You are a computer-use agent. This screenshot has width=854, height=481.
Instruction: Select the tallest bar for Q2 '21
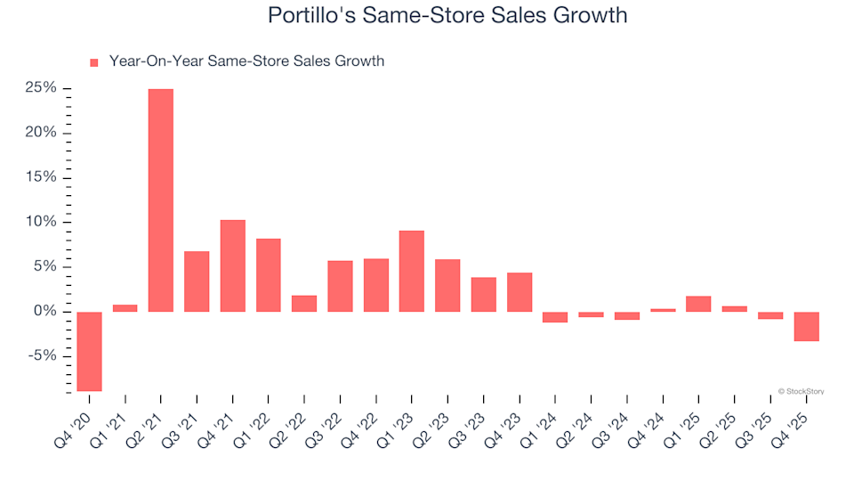pyautogui.click(x=161, y=200)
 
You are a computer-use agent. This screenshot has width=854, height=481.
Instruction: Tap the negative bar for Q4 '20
pyautogui.click(x=89, y=351)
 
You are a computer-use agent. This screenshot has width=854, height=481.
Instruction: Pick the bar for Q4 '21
pyautogui.click(x=232, y=265)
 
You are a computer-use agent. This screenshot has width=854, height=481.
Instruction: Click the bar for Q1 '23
pyautogui.click(x=412, y=271)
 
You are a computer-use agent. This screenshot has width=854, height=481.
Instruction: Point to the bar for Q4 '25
pyautogui.click(x=806, y=326)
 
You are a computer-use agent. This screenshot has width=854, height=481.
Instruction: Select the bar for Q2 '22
pyautogui.click(x=304, y=304)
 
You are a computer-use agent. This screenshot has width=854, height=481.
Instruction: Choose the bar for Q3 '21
pyautogui.click(x=197, y=281)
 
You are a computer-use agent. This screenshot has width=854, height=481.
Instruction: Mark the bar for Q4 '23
pyautogui.click(x=520, y=292)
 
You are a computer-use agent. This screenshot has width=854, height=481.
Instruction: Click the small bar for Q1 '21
pyautogui.click(x=125, y=308)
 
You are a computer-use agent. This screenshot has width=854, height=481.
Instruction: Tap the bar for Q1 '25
pyautogui.click(x=698, y=304)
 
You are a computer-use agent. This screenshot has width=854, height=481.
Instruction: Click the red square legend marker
pyautogui.click(x=94, y=62)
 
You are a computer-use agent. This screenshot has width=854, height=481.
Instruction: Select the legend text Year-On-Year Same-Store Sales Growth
pyautogui.click(x=246, y=61)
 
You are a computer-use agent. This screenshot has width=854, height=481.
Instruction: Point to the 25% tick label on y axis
pyautogui.click(x=42, y=88)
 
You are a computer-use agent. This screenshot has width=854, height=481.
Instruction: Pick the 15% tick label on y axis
pyautogui.click(x=42, y=177)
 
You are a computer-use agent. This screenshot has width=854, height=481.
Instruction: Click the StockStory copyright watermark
pyautogui.click(x=800, y=390)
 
